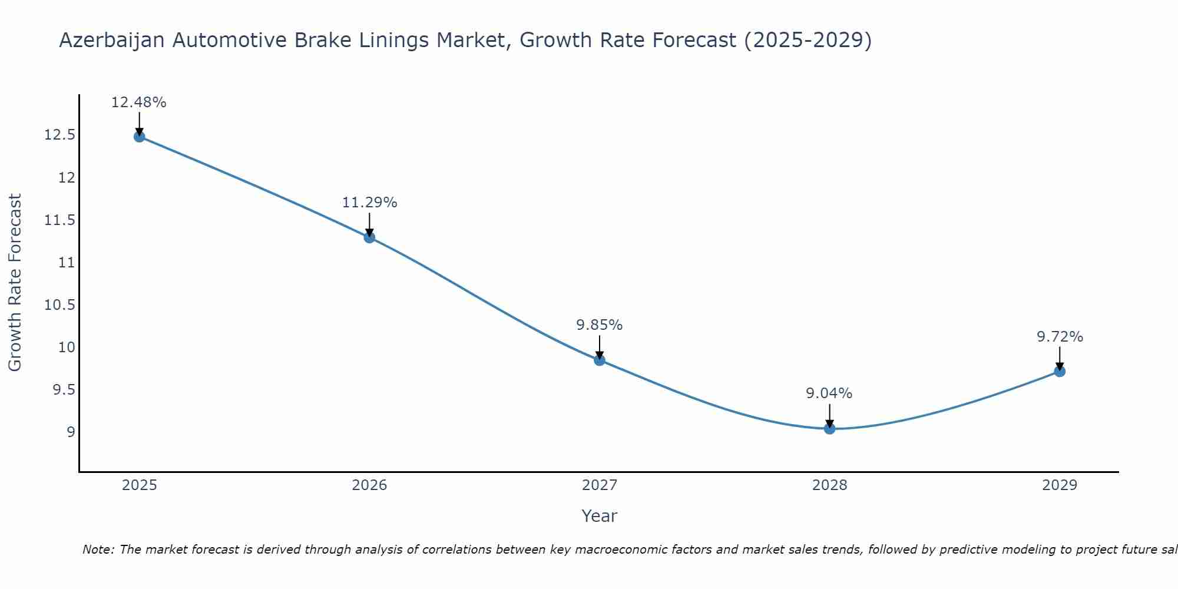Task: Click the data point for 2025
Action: click(139, 137)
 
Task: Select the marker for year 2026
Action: click(369, 237)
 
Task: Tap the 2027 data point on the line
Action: click(600, 360)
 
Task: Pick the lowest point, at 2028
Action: click(829, 428)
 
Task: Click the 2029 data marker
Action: click(1060, 371)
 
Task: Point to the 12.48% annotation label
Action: click(139, 102)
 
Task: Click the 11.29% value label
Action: click(369, 203)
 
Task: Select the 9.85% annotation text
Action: click(599, 325)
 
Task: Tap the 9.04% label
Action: click(829, 393)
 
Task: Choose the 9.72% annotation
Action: click(1060, 337)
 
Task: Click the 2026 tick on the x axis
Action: click(369, 485)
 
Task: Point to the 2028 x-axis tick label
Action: click(829, 485)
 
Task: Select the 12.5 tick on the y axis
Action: click(60, 135)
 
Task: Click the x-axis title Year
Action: click(599, 516)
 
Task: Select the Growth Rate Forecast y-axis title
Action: click(15, 283)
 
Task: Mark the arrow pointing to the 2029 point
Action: click(1060, 358)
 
